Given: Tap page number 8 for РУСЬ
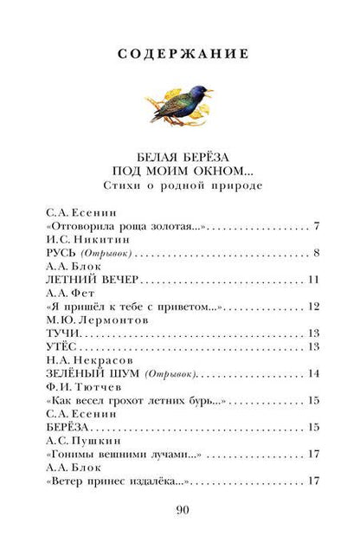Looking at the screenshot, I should click(318, 255).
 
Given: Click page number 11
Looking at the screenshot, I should click(315, 281).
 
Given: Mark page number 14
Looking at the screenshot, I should click(315, 374).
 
